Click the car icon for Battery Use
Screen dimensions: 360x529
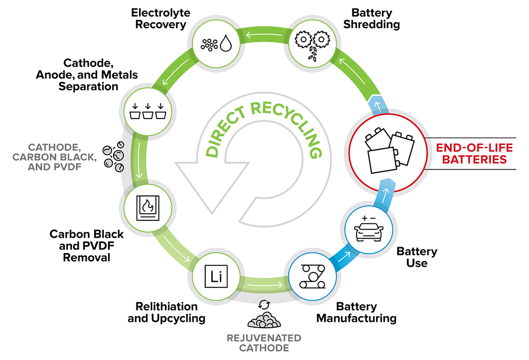367,226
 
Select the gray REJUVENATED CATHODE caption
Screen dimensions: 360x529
264,343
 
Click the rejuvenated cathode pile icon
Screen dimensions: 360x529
264,319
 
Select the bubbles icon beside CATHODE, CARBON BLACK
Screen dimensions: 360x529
114,156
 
